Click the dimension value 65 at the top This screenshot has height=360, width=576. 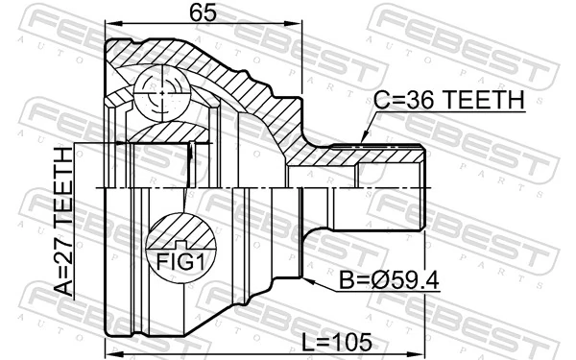[x=201, y=14]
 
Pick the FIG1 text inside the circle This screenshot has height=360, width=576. [x=181, y=260]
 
